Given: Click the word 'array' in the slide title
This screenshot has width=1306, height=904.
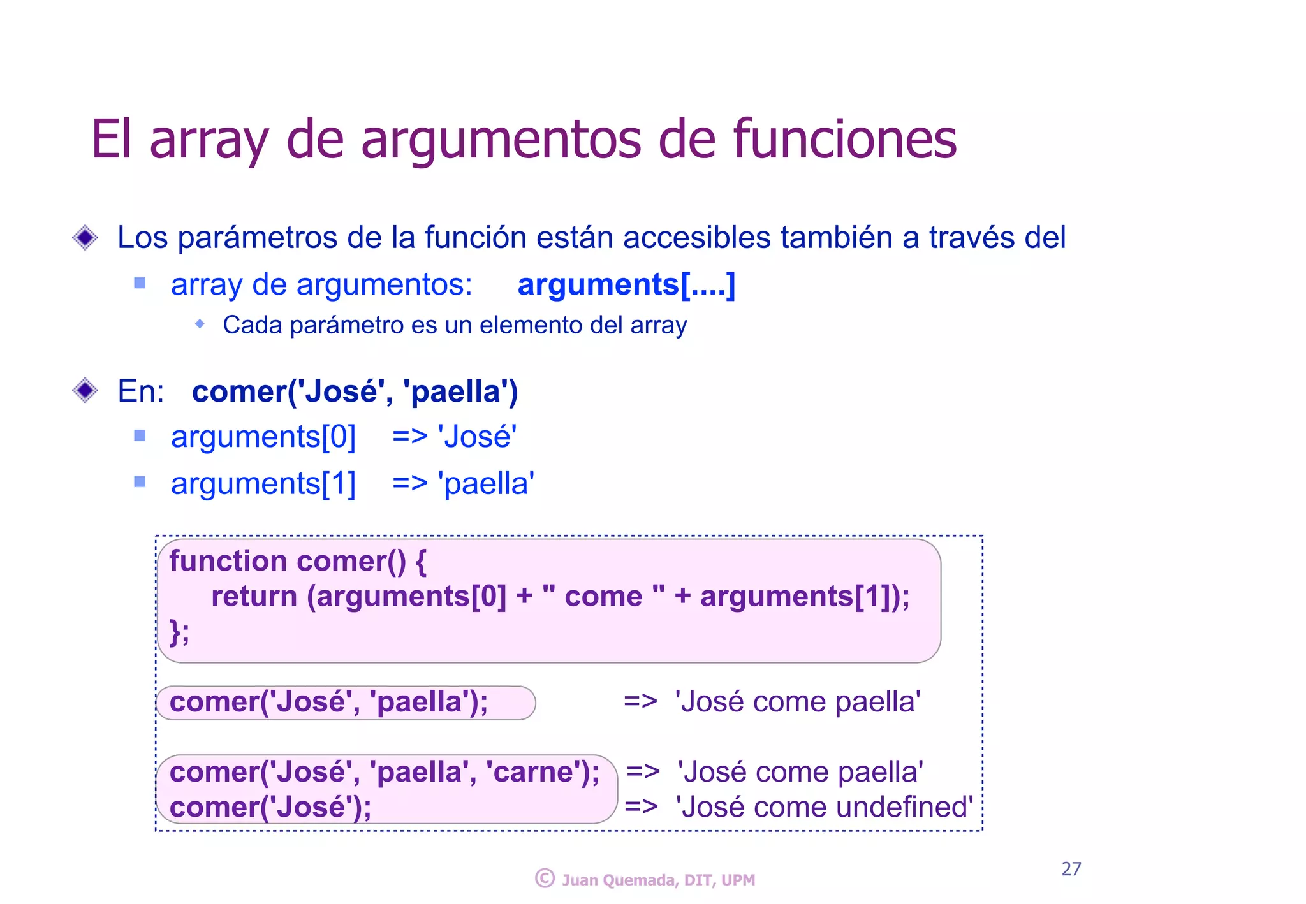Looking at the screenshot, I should pyautogui.click(x=209, y=140).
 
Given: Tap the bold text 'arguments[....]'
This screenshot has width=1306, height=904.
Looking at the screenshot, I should pyautogui.click(x=626, y=284).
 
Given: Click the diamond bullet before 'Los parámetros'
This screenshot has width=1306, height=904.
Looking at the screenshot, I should pyautogui.click(x=85, y=238).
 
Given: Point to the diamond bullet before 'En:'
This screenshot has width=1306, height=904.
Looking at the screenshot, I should pyautogui.click(x=85, y=390).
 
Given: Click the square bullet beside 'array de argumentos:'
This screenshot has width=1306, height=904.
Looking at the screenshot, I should pyautogui.click(x=140, y=282).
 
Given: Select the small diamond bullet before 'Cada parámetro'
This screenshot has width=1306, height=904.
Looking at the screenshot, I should pyautogui.click(x=200, y=324).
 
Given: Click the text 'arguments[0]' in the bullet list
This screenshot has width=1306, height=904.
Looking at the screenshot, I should pyautogui.click(x=263, y=437).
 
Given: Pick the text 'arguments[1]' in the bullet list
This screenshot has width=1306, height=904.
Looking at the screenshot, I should pyautogui.click(x=263, y=484).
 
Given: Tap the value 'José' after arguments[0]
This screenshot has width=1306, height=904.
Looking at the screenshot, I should pyautogui.click(x=477, y=437).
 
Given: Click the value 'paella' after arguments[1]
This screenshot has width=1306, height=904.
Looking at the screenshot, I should pyautogui.click(x=486, y=484).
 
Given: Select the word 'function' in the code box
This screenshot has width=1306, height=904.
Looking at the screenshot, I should pyautogui.click(x=228, y=561).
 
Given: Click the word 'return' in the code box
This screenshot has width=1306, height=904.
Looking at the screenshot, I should pyautogui.click(x=254, y=597).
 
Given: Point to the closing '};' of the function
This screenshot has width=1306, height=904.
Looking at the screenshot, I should pyautogui.click(x=179, y=632).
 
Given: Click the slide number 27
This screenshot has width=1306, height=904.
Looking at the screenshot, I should pyautogui.click(x=1071, y=868).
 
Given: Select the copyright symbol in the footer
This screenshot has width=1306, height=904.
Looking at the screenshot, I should pyautogui.click(x=545, y=878).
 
